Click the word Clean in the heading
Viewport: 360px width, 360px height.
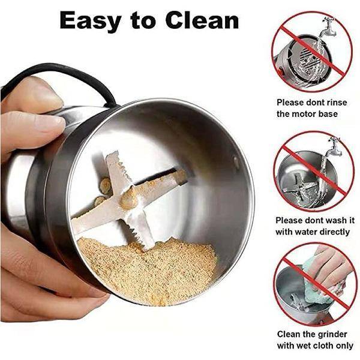[202, 20]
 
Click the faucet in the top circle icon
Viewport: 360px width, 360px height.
[329, 27]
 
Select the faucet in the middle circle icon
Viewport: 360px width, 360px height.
[334, 146]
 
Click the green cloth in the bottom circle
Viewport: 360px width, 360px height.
[316, 284]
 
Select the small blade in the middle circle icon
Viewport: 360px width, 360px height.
[300, 187]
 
